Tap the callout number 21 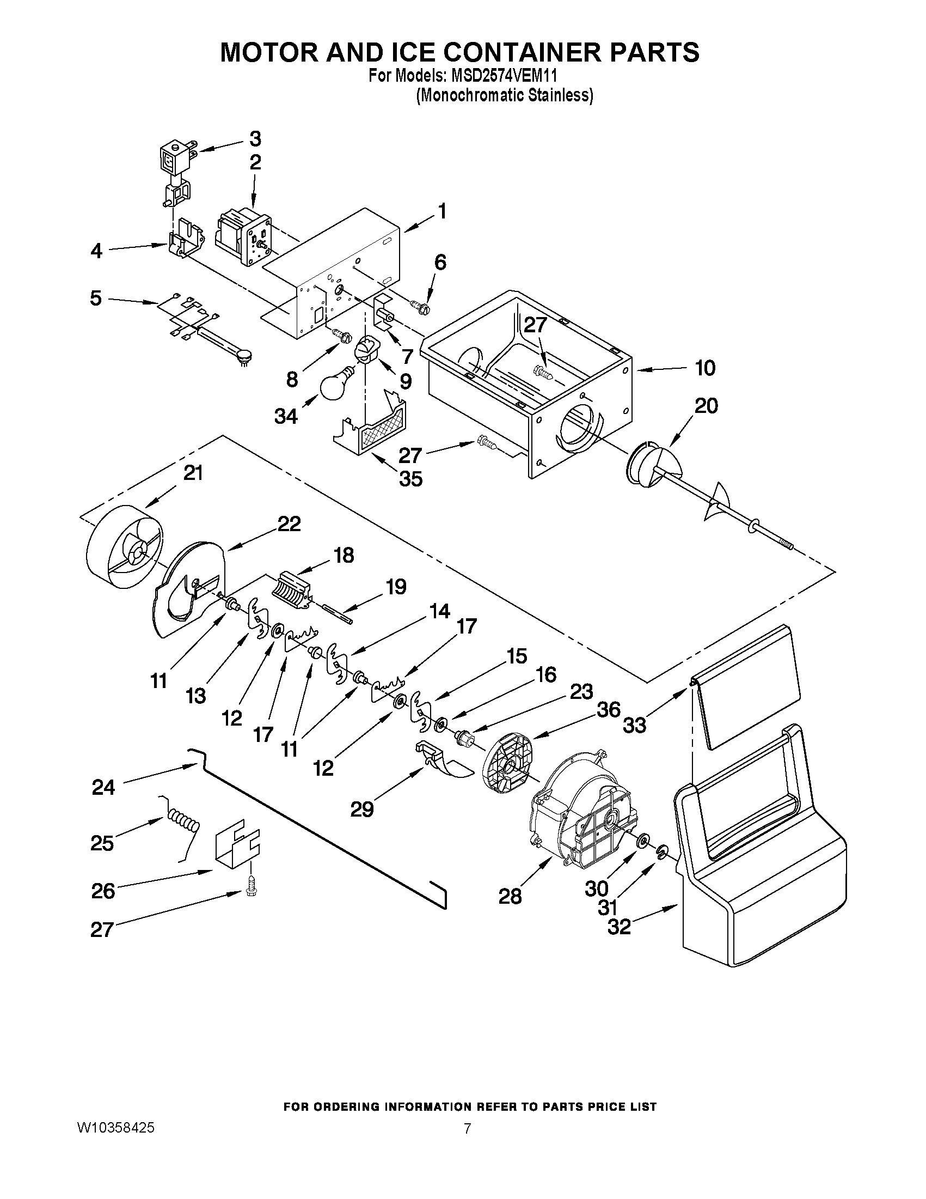point(193,473)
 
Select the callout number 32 point(620,927)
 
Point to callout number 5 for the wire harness point(96,299)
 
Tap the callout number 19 point(395,587)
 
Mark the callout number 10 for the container point(705,368)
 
